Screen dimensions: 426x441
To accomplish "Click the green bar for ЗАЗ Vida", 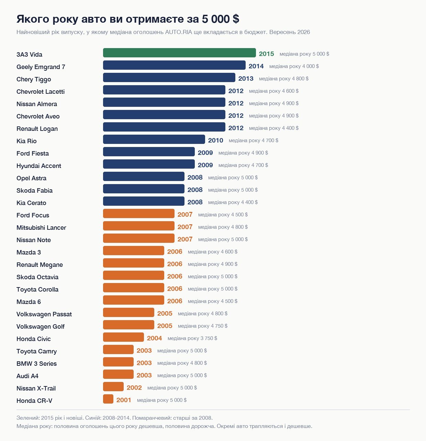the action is pos(179,53).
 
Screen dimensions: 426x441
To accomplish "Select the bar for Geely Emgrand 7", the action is pos(174,65).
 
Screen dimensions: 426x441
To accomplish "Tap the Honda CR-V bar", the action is pos(108,399).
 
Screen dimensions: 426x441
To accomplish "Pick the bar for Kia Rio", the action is pos(154,139).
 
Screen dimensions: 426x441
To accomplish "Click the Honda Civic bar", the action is pos(123,337).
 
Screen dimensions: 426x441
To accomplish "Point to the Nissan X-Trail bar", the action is pos(113,387).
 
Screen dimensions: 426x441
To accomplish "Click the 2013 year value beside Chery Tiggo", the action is pos(246,78).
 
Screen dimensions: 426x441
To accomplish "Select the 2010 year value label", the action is pos(216,140).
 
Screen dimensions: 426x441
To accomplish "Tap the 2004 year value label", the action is pos(154,338).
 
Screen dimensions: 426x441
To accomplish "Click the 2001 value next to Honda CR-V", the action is pos(124,400).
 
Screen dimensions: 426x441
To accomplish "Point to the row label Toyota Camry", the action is pos(36,351).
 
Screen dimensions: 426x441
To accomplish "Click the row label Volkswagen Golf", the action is pos(40,327).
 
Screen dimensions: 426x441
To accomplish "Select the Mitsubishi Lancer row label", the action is pos(41,227).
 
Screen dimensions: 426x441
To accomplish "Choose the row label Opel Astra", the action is pos(31,178).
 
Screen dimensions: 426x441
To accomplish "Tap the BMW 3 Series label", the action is pos(36,363).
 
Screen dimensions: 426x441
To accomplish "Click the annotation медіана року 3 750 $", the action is pos(192,338).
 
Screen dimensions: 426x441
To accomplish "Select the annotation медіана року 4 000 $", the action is pos(294,66).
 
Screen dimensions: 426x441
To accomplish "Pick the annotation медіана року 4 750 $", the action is pos(203,326).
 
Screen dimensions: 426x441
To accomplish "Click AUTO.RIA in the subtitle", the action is pos(178,32).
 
